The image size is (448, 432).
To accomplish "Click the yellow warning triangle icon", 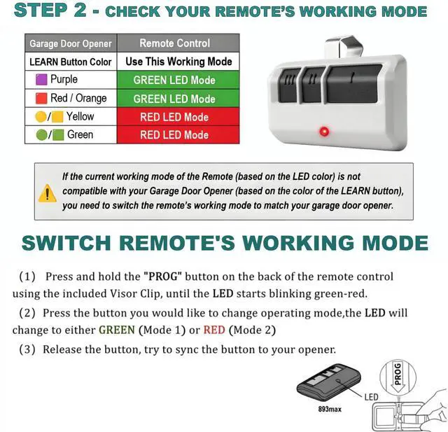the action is (47, 193).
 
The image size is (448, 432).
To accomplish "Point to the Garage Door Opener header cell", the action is (70, 43).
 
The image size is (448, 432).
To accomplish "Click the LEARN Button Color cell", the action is (70, 62).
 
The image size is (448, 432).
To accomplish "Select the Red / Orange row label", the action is (78, 98).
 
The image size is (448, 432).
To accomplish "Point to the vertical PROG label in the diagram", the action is (398, 374).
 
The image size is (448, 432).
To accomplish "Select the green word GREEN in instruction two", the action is (116, 329).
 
